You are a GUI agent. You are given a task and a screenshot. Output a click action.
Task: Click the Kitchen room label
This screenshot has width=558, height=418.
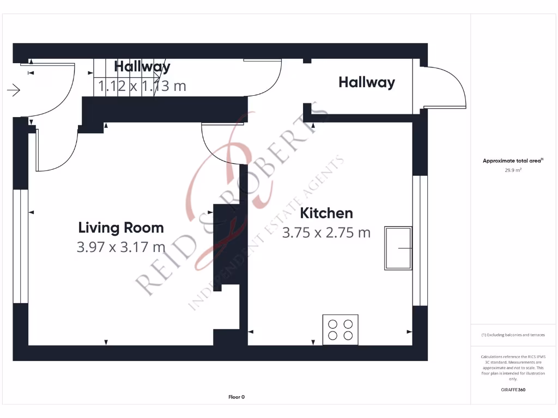point(326,213)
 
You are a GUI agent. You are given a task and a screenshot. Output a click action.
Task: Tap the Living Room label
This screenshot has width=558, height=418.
point(121,227)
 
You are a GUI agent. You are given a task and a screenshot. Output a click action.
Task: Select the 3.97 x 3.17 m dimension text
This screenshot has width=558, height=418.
point(121,247)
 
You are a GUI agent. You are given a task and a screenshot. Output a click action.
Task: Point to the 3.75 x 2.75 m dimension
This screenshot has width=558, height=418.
point(326,232)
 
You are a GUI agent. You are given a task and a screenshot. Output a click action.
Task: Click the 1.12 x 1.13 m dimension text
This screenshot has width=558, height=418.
point(142,85)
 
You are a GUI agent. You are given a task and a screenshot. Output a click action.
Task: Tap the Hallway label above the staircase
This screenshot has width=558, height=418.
point(142,66)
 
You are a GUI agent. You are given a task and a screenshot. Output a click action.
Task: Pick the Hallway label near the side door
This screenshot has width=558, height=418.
point(366,82)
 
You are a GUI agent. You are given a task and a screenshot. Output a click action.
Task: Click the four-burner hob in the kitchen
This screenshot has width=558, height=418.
point(340,329)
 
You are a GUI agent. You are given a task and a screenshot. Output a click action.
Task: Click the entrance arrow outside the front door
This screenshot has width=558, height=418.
point(14,90)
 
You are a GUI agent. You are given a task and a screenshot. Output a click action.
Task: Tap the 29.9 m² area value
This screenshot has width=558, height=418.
point(513,170)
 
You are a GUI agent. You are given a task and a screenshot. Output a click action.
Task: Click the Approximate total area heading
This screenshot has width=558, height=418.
point(513,161)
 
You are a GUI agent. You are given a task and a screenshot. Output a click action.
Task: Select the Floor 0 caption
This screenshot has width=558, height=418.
point(236,397)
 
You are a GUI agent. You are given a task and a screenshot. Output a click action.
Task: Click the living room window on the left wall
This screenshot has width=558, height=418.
point(20,245)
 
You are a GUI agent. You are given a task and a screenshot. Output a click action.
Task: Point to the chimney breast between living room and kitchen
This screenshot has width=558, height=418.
point(226,248)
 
